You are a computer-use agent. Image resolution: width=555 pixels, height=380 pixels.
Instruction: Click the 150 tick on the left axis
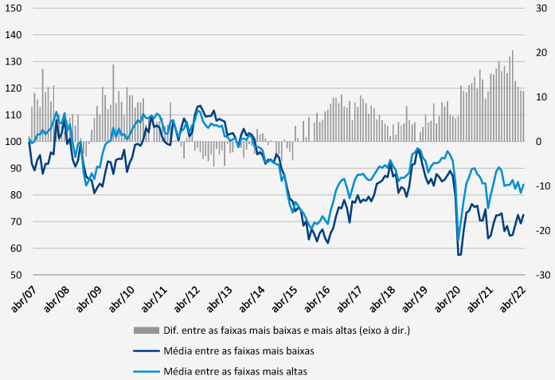[14, 8]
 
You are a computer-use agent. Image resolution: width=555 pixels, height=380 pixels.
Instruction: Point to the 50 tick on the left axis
[16, 275]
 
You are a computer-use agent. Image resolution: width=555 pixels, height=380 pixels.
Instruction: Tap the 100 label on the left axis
[14, 142]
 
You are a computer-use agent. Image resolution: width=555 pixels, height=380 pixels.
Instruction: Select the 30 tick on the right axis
[541, 8]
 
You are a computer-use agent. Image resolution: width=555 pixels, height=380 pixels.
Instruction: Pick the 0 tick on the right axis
[539, 142]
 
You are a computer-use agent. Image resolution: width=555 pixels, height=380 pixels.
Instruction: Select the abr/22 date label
[513, 300]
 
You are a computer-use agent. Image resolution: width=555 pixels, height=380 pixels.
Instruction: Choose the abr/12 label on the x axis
[187, 300]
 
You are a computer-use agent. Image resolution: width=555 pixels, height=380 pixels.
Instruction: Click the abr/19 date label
[415, 300]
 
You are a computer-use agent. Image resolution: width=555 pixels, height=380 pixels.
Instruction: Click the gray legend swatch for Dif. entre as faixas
[147, 331]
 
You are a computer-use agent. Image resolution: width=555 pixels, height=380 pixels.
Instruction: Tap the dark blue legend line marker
[147, 351]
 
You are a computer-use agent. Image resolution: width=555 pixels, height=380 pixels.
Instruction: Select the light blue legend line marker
[147, 371]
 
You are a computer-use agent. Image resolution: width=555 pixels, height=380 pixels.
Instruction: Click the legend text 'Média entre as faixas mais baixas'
[239, 351]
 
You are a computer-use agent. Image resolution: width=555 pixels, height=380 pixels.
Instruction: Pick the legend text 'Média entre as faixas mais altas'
[236, 371]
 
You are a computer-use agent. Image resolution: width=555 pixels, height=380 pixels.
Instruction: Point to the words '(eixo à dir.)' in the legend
[385, 331]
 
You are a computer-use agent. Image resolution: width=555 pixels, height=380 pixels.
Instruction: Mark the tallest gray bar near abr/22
[512, 96]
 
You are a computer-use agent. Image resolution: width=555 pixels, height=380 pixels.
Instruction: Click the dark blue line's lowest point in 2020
[459, 255]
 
